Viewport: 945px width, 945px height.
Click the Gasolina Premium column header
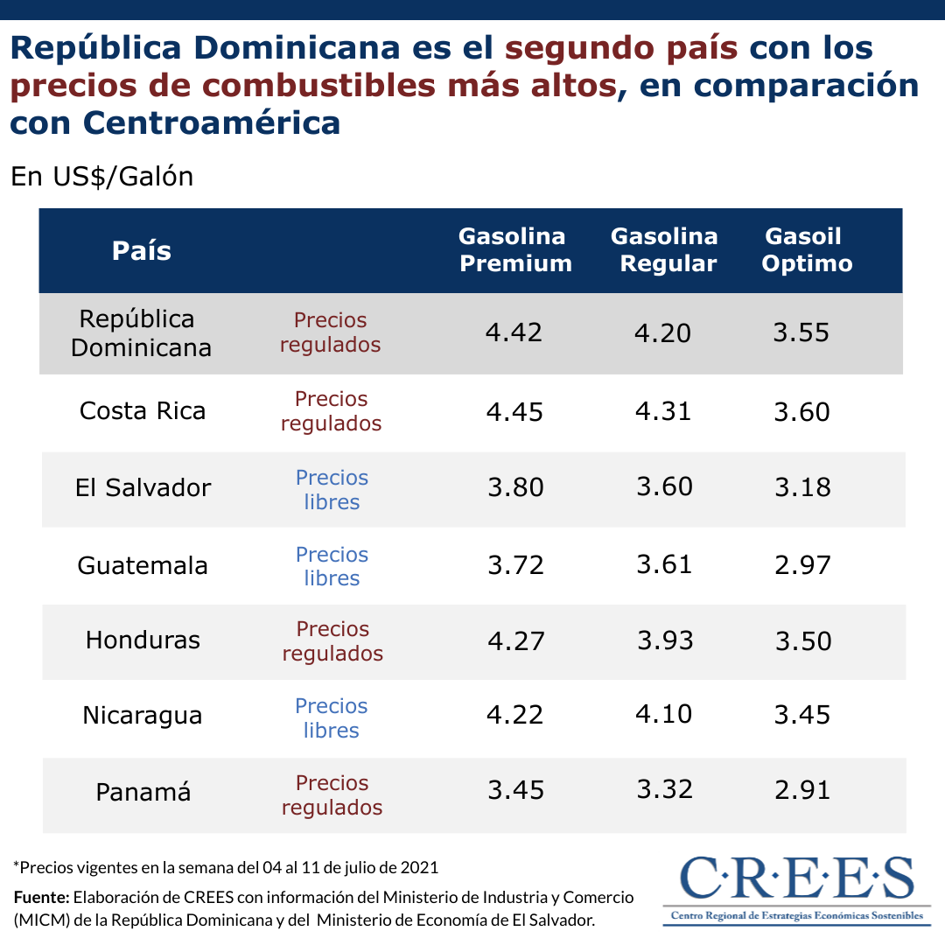515,250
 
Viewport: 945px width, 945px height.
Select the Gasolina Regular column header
664,250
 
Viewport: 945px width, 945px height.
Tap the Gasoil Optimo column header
806,250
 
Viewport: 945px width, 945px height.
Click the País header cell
142,251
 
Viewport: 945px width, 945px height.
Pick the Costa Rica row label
143,411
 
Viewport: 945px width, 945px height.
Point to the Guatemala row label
143,565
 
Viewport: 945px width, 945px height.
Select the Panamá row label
143,793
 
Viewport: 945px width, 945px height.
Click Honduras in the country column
143,640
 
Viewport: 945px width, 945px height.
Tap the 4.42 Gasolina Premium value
515,333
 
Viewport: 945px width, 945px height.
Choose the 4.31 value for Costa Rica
664,411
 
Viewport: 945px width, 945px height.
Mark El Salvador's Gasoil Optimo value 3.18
802,487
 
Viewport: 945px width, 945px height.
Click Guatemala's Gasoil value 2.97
802,564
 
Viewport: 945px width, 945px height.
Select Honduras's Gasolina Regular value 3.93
665,640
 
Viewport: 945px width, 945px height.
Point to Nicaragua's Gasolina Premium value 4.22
515,715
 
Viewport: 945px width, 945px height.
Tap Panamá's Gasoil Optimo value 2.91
802,790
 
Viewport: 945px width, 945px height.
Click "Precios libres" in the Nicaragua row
332,718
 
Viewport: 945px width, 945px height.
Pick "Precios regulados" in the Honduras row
332,641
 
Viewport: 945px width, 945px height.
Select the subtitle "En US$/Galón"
101,177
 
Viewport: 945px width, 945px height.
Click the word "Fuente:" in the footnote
41,898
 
